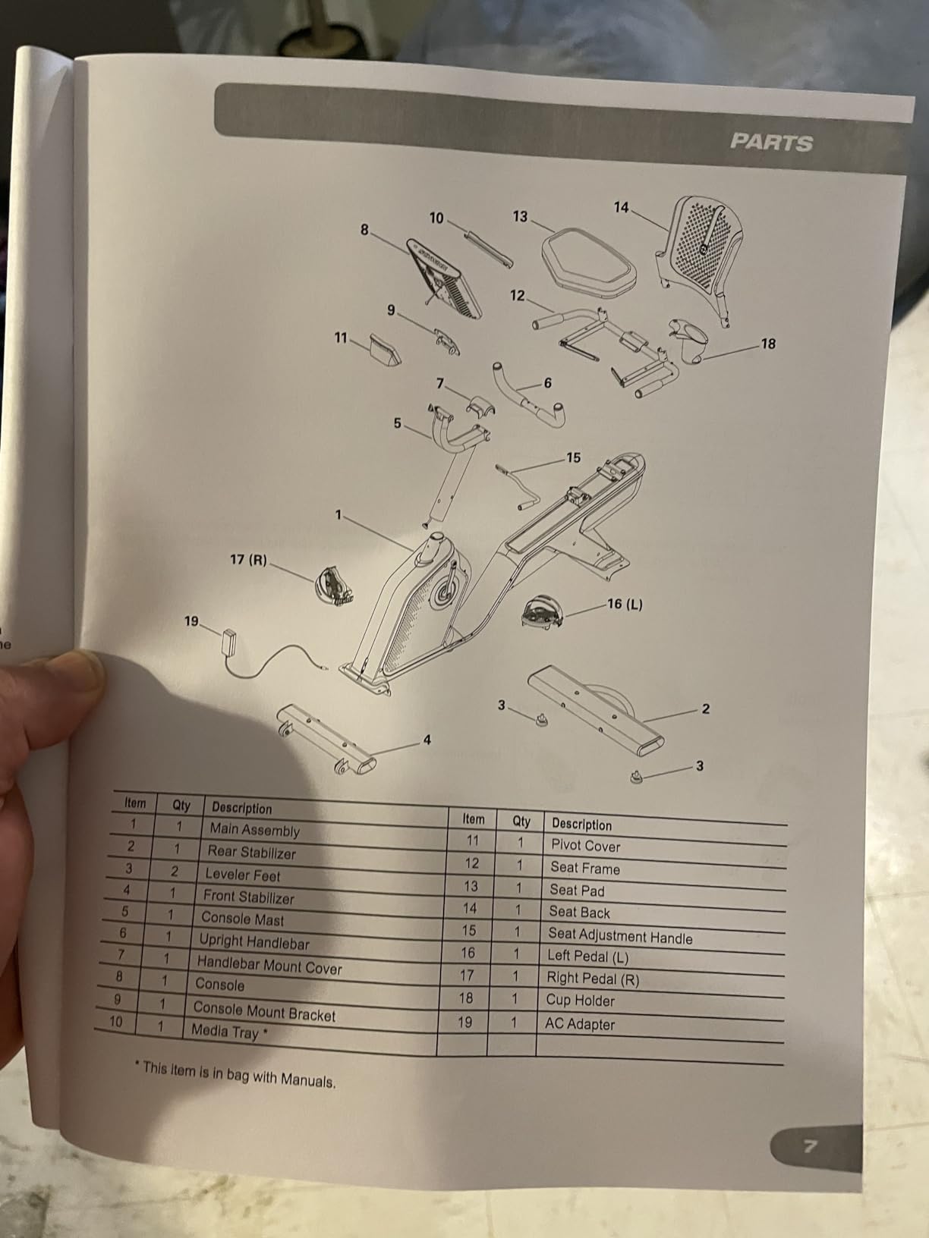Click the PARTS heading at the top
771,143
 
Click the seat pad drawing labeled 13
588,260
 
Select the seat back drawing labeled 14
700,260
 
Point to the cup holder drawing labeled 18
688,341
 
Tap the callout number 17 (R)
248,560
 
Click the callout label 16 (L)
625,605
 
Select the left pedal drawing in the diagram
543,612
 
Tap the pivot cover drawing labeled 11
385,350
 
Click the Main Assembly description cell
255,830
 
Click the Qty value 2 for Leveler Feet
175,872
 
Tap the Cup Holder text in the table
580,1001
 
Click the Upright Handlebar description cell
254,941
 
